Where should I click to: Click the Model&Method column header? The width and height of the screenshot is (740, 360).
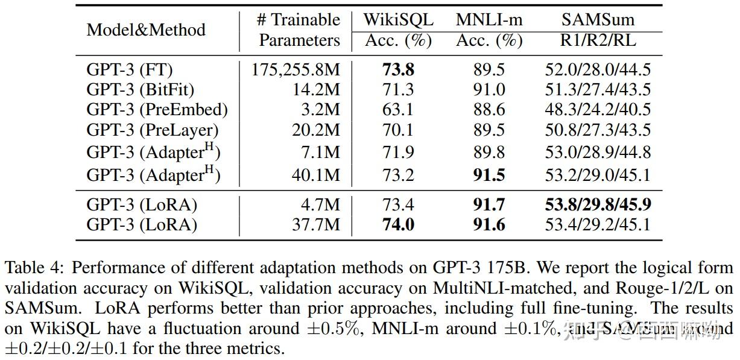[x=146, y=30]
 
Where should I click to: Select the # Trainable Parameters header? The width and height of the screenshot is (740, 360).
[x=299, y=30]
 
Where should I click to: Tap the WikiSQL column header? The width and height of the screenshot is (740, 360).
[x=398, y=20]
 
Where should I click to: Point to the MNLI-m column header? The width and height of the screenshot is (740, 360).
[x=489, y=20]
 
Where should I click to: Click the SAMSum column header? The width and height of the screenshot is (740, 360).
[x=598, y=20]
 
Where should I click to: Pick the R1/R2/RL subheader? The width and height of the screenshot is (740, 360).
[x=598, y=40]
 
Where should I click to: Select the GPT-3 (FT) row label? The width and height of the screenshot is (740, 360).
[x=130, y=70]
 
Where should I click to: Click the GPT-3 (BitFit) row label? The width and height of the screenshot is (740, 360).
[x=141, y=90]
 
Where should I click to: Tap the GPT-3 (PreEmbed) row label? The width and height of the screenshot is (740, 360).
[x=157, y=110]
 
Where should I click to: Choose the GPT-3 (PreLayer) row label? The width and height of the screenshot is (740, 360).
[x=153, y=130]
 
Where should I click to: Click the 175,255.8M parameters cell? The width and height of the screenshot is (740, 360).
[x=296, y=70]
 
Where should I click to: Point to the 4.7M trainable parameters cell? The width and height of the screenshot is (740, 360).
[x=320, y=205]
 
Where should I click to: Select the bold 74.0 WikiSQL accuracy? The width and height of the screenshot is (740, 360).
[x=398, y=225]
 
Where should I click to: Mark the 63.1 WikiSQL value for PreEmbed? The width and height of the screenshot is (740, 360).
[x=398, y=110]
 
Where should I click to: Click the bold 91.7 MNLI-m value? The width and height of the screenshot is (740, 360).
[x=489, y=205]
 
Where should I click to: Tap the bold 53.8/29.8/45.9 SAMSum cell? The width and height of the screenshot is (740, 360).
[x=598, y=205]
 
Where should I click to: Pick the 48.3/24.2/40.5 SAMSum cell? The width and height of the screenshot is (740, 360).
[x=598, y=110]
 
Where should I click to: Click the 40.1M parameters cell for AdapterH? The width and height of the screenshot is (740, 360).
[x=315, y=175]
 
